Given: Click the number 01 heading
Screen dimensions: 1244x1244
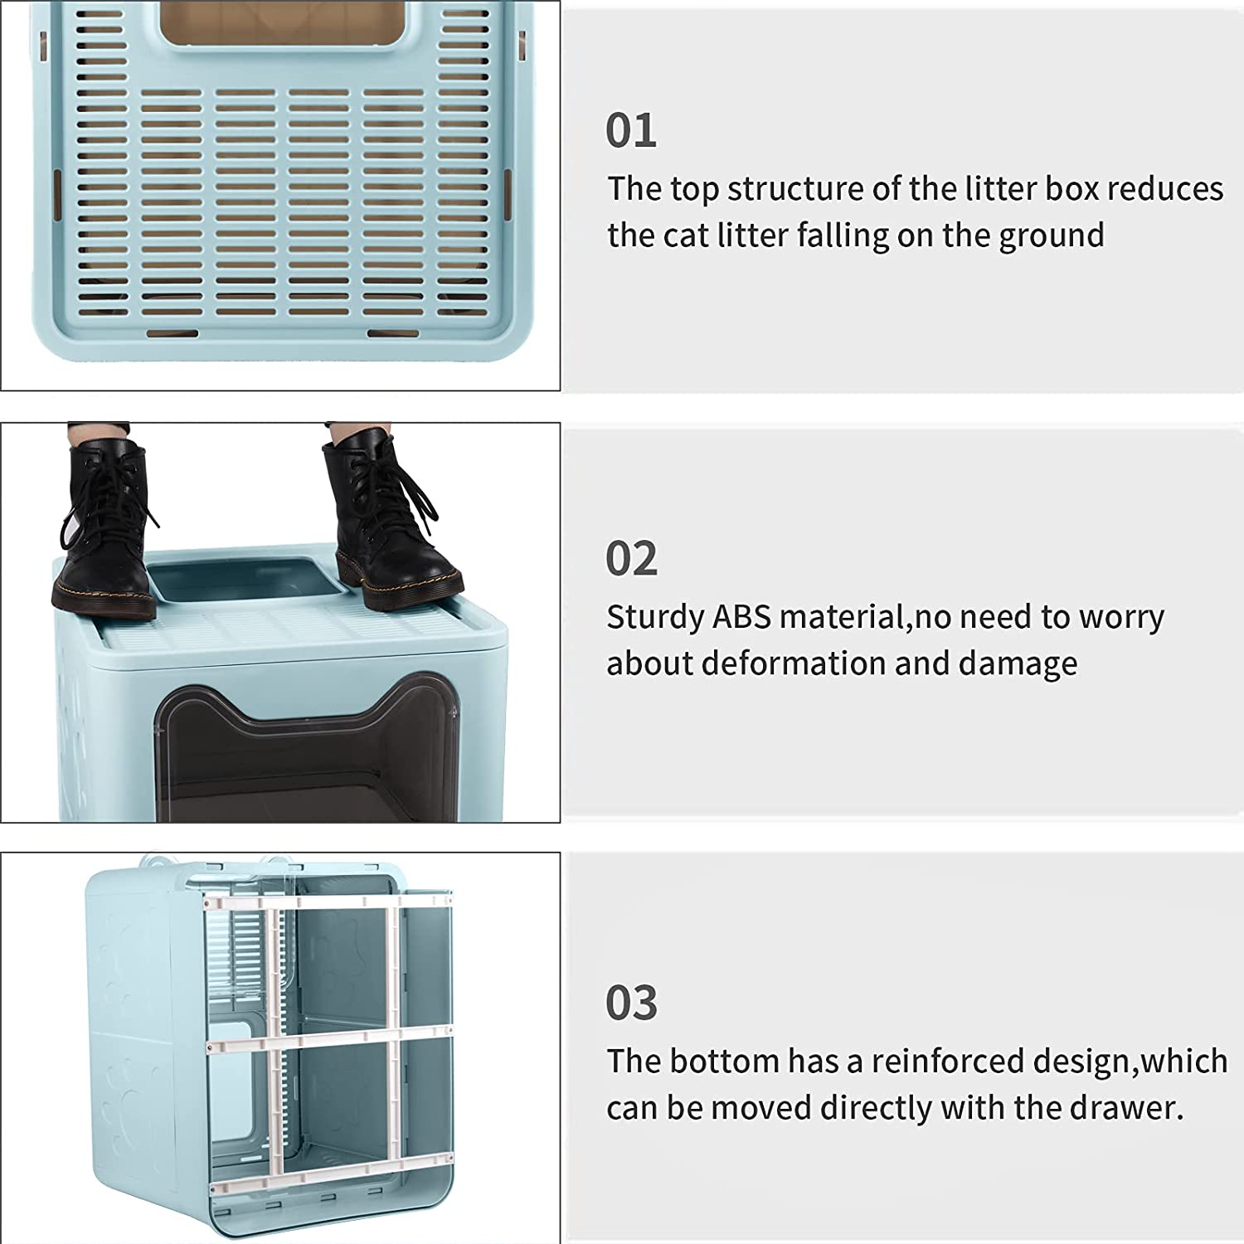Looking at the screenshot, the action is tap(631, 131).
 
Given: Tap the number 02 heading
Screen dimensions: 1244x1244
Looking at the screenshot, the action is tap(631, 559).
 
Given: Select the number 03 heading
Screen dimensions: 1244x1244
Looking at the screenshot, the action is tap(631, 1003).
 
